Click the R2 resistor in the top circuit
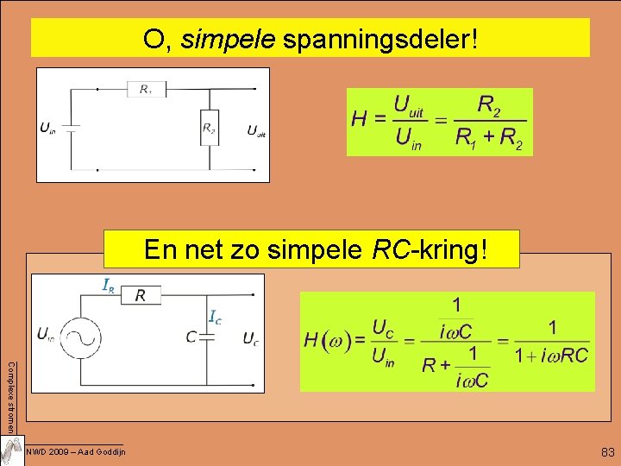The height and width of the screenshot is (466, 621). point(209,128)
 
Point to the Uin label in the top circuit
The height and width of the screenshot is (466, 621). point(48,129)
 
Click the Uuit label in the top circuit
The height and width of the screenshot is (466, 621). point(256,131)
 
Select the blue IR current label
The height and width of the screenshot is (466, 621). point(110,284)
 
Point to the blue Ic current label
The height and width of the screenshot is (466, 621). point(216,317)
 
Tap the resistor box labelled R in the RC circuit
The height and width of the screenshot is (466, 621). point(143,295)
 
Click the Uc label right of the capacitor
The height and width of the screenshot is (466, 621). point(250,337)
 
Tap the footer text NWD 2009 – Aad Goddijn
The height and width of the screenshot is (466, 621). point(76,452)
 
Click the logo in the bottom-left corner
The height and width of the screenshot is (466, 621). point(12,450)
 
